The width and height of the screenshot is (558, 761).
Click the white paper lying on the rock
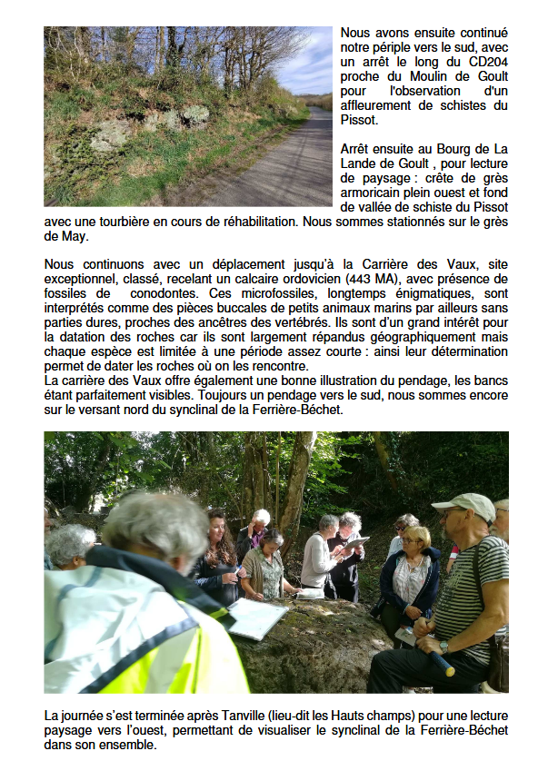click(x=257, y=618)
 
